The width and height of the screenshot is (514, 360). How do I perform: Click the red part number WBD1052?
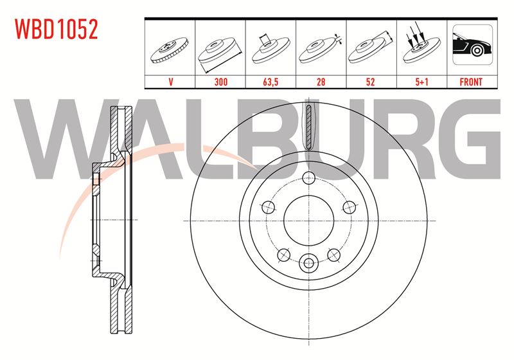[x=57, y=29]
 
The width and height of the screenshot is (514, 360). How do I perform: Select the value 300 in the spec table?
[x=220, y=82]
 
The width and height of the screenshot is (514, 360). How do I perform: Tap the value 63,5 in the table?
[x=270, y=82]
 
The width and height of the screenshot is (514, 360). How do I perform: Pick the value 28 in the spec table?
[x=321, y=82]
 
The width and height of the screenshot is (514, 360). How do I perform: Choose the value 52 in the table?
[x=371, y=82]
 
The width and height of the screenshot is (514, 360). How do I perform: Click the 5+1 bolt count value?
[x=422, y=82]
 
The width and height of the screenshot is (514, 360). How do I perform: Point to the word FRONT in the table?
[x=471, y=82]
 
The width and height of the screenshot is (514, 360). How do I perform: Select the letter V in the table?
[x=170, y=82]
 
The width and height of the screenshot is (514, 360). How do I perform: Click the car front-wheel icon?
[x=472, y=44]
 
